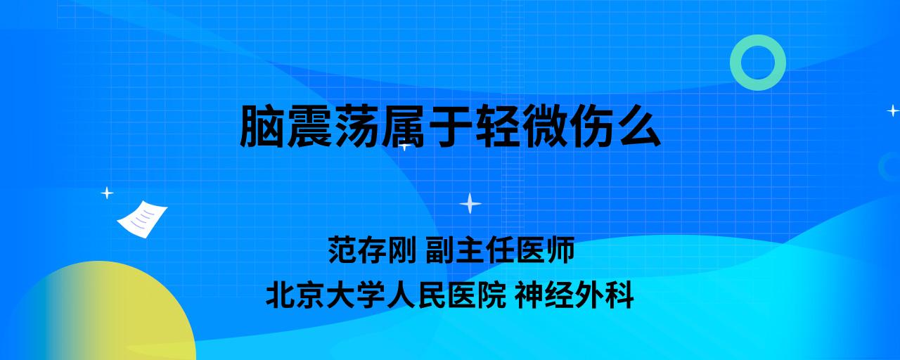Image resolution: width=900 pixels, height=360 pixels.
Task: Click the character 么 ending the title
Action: (x=639, y=126)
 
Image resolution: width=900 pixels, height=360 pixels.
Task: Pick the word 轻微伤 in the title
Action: (x=545, y=126)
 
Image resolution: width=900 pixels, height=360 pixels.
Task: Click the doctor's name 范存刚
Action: (x=372, y=250)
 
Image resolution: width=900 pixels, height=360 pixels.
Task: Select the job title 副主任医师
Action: (x=500, y=250)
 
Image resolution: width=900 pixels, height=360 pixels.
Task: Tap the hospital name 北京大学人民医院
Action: (x=386, y=295)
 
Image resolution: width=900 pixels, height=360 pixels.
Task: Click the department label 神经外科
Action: (x=574, y=295)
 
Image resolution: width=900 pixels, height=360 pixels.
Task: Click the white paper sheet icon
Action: (x=142, y=219)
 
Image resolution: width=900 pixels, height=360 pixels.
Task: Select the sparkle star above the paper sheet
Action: (x=107, y=193)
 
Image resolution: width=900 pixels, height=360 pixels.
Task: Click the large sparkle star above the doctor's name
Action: (x=470, y=203)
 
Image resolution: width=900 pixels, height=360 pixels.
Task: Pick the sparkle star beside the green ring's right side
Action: (x=893, y=110)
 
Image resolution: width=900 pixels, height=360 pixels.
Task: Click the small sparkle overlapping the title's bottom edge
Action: (x=404, y=146)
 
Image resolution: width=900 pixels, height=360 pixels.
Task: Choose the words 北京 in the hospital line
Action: (x=295, y=295)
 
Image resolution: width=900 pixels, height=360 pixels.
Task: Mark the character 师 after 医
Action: (x=560, y=250)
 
